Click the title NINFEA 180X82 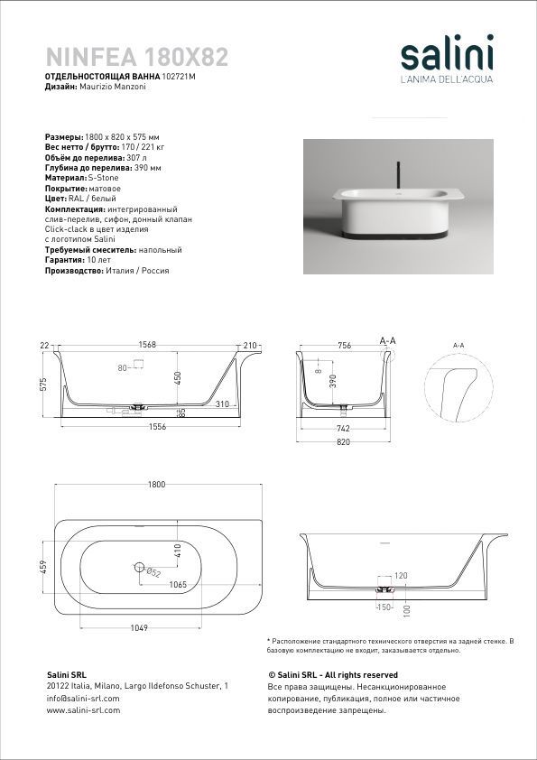pyautogui.click(x=137, y=57)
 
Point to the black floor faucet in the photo pyautogui.click(x=398, y=175)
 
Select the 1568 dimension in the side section pyautogui.click(x=147, y=345)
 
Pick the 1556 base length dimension pyautogui.click(x=158, y=427)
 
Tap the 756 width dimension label pyautogui.click(x=344, y=346)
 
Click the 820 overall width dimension pyautogui.click(x=343, y=442)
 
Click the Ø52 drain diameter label pyautogui.click(x=153, y=572)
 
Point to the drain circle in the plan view pyautogui.click(x=140, y=565)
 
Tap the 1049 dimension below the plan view pyautogui.click(x=139, y=627)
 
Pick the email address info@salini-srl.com pyautogui.click(x=83, y=699)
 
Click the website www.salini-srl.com pyautogui.click(x=83, y=710)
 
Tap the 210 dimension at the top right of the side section pyautogui.click(x=249, y=346)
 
